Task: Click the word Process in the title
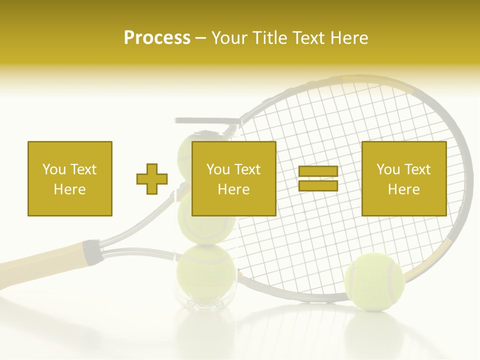157,37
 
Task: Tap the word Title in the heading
270,37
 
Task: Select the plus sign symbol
152,179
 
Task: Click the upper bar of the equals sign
318,171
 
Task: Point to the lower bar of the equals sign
318,186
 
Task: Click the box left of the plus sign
69,178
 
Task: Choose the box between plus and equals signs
233,178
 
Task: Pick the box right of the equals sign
403,178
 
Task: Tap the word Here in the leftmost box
69,189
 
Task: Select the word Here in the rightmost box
403,189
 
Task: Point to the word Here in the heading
349,37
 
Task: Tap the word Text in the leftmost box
83,169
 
